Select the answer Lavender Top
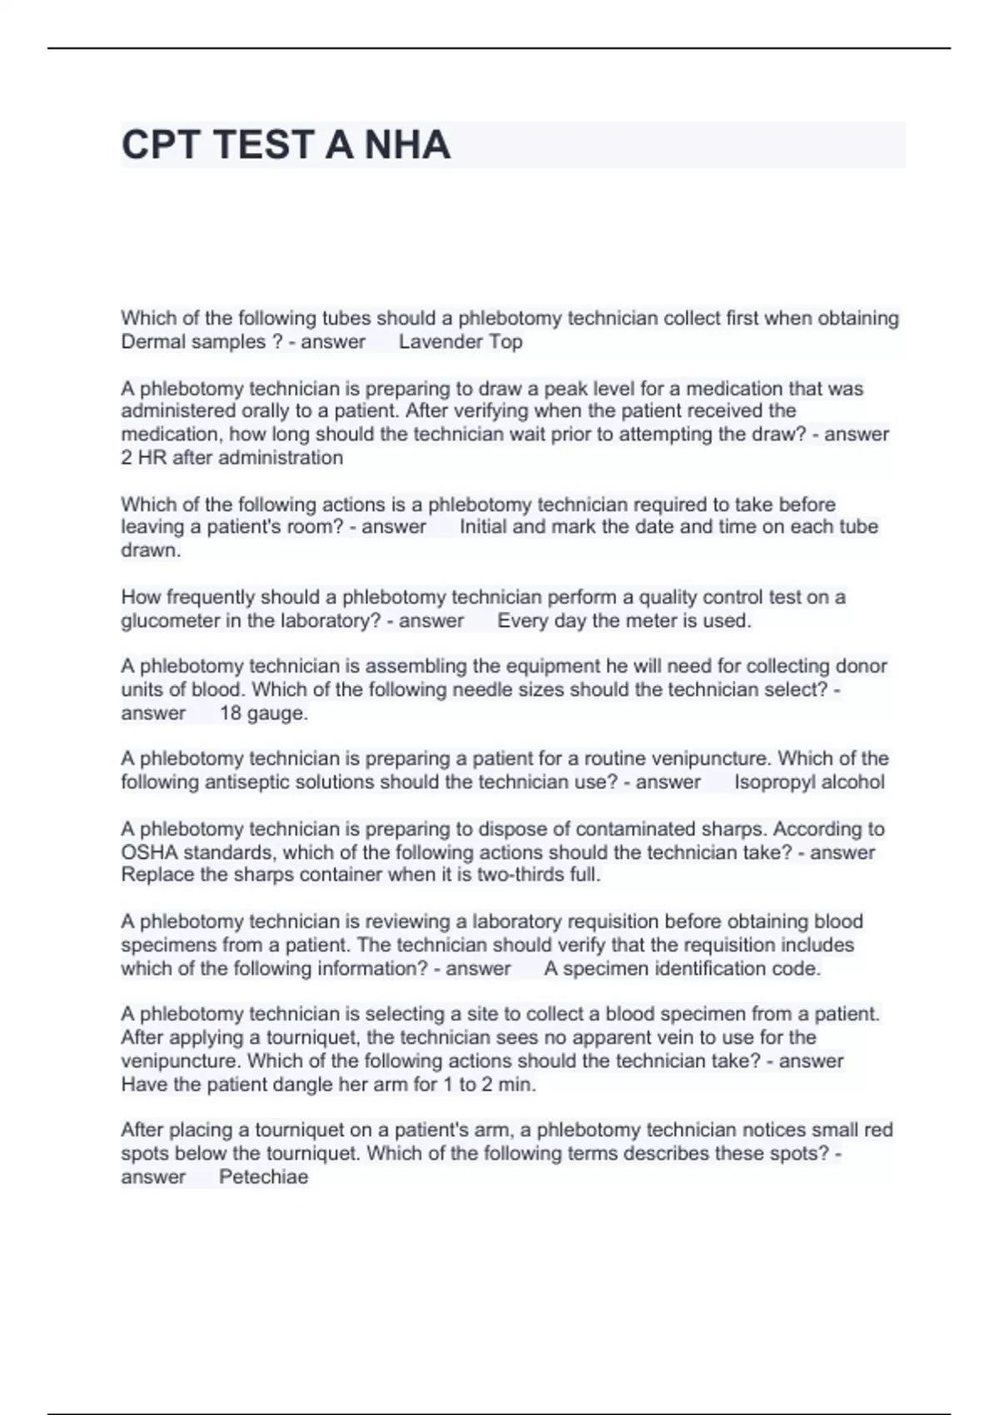[x=460, y=342]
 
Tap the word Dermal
[x=151, y=342]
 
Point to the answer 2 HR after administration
[x=231, y=458]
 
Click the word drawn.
[x=150, y=550]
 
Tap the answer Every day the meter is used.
[x=624, y=621]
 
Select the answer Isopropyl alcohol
[x=809, y=782]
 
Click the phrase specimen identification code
[x=692, y=969]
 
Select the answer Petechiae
[x=263, y=1177]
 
